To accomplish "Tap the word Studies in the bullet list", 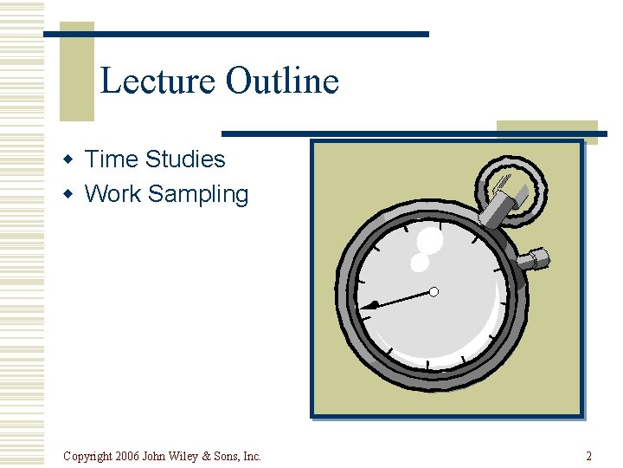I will (185, 159).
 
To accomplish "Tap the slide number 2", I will (588, 456).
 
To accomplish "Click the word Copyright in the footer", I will (87, 457).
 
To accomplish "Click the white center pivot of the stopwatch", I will (434, 292).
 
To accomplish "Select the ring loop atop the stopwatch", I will (510, 186).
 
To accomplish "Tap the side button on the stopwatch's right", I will (534, 258).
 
